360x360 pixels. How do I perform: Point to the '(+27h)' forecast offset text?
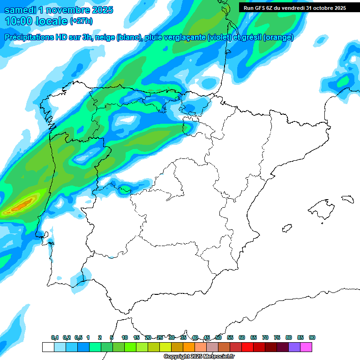click(81, 21)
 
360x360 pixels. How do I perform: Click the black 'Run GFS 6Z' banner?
click(295, 8)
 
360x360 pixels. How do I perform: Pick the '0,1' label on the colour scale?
click(55, 337)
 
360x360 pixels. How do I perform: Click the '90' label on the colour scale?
click(312, 337)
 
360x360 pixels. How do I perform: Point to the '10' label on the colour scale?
click(125, 337)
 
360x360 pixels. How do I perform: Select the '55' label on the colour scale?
click(230, 337)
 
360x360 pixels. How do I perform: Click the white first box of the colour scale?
click(48, 347)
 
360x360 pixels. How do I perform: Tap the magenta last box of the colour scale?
click(306, 347)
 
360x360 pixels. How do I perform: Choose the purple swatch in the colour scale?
click(294, 347)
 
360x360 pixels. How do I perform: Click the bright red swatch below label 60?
click(247, 347)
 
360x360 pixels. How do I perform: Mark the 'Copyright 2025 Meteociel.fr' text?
click(199, 357)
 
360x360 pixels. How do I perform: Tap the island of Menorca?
click(347, 199)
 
